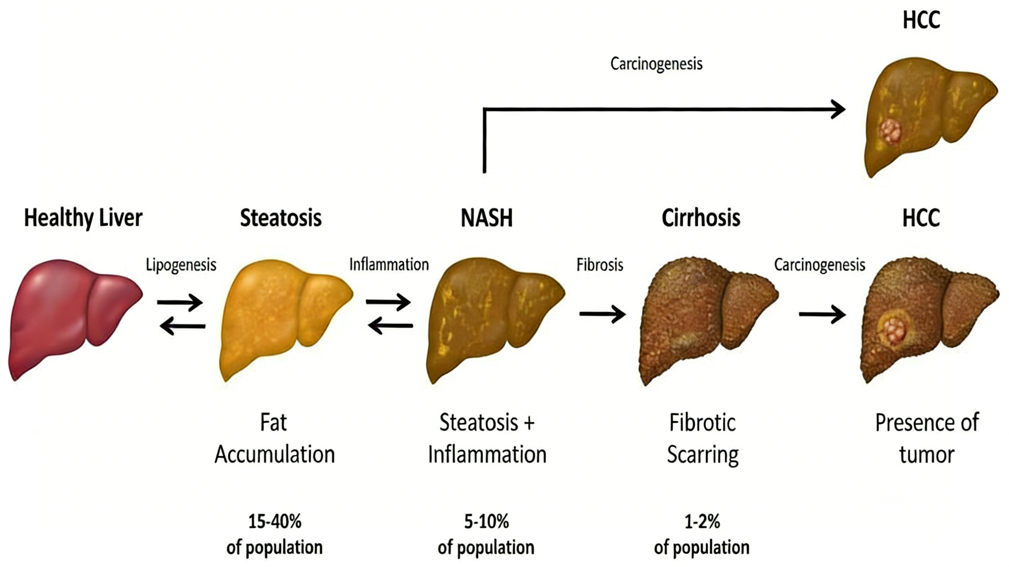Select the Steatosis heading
(x=281, y=218)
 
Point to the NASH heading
(x=486, y=218)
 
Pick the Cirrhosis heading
(x=701, y=218)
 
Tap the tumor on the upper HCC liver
(x=891, y=131)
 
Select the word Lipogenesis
(x=181, y=265)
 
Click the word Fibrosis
(x=600, y=265)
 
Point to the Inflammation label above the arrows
(x=389, y=265)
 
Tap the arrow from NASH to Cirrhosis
(x=602, y=314)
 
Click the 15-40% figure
(x=275, y=522)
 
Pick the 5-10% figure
(x=486, y=522)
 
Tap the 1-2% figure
(x=702, y=522)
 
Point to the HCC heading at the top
(x=921, y=20)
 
